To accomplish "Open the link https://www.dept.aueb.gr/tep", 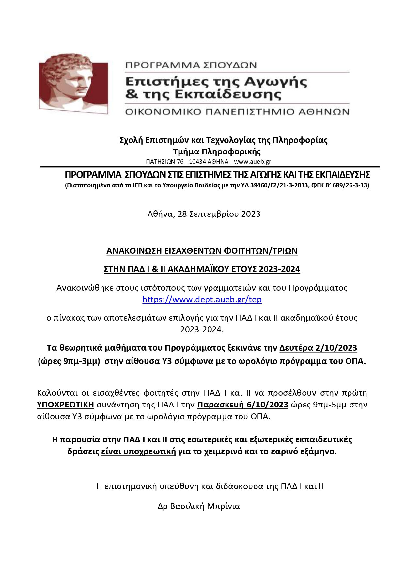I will [202, 299].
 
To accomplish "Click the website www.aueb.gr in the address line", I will [253, 161].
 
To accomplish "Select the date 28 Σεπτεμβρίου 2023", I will [219, 214].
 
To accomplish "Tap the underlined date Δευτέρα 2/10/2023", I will [318, 348].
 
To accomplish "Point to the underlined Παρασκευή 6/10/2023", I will [242, 405].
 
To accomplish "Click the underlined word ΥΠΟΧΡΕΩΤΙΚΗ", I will [65, 405].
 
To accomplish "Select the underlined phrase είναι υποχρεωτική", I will [138, 452].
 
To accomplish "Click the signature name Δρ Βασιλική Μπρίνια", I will [199, 506].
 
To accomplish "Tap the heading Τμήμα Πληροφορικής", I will [217, 151].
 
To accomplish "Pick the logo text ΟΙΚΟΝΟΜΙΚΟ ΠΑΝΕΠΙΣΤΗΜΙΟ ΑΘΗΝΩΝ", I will [237, 112].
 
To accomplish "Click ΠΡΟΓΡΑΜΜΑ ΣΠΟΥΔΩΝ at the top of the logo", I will [191, 65].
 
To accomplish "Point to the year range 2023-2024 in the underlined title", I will [279, 269].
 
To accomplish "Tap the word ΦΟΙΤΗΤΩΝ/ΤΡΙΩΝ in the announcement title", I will [260, 251].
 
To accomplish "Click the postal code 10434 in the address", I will [197, 161].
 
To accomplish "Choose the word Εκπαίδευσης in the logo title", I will [228, 95].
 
